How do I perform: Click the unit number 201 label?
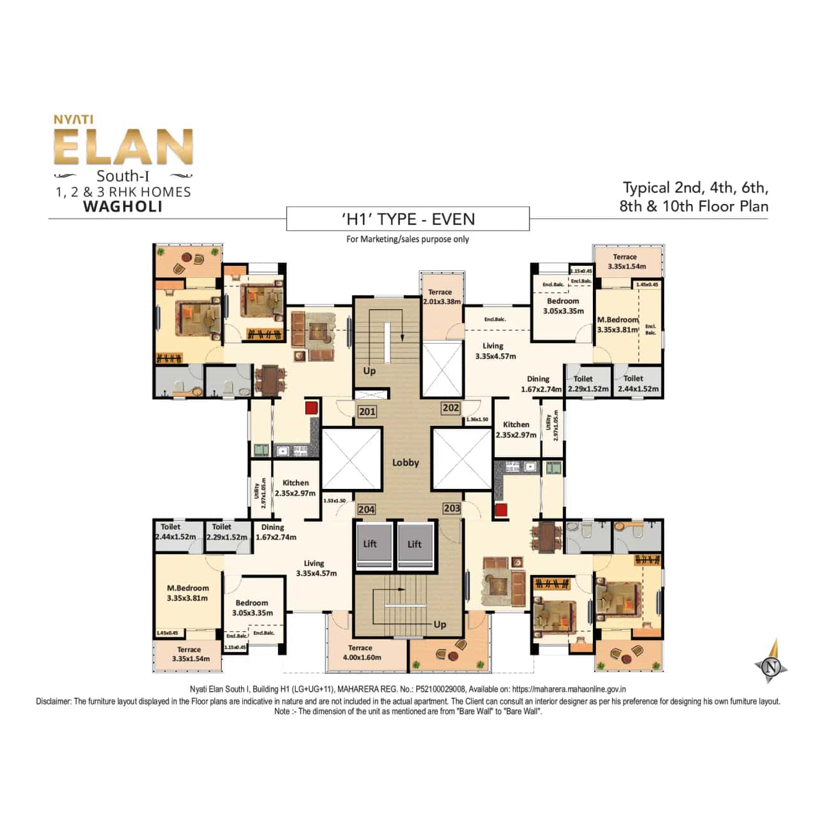(x=367, y=412)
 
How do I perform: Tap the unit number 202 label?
(x=451, y=408)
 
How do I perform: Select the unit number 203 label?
(x=451, y=508)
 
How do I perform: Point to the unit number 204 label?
(x=366, y=509)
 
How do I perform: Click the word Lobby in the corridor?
(x=405, y=463)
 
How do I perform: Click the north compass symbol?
(x=772, y=667)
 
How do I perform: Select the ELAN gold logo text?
(x=123, y=147)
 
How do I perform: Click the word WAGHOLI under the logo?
(x=123, y=207)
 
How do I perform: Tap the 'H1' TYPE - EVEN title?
(x=408, y=219)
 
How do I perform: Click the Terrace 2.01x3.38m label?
(x=441, y=297)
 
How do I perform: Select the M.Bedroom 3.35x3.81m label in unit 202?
(x=618, y=324)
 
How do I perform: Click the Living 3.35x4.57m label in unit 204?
(x=316, y=568)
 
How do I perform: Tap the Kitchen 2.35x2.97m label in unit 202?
(x=516, y=430)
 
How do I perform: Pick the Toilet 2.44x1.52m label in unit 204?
(x=175, y=532)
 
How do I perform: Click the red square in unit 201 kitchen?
(x=310, y=408)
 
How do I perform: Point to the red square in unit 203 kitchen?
(x=500, y=509)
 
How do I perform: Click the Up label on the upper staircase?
(x=369, y=371)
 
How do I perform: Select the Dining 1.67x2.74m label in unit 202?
(x=540, y=384)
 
